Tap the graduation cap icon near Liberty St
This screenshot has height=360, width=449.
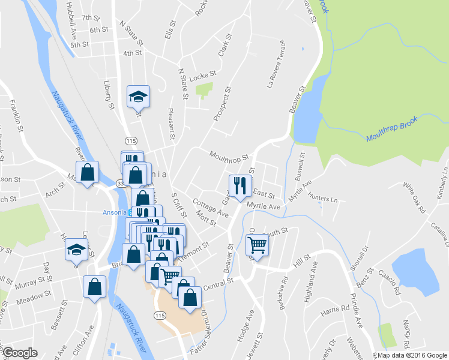(137, 96)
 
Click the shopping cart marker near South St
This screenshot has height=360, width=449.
(257, 244)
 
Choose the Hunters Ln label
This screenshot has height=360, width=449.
(322, 197)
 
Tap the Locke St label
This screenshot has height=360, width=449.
(202, 76)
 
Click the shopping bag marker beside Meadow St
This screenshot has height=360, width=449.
(95, 287)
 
